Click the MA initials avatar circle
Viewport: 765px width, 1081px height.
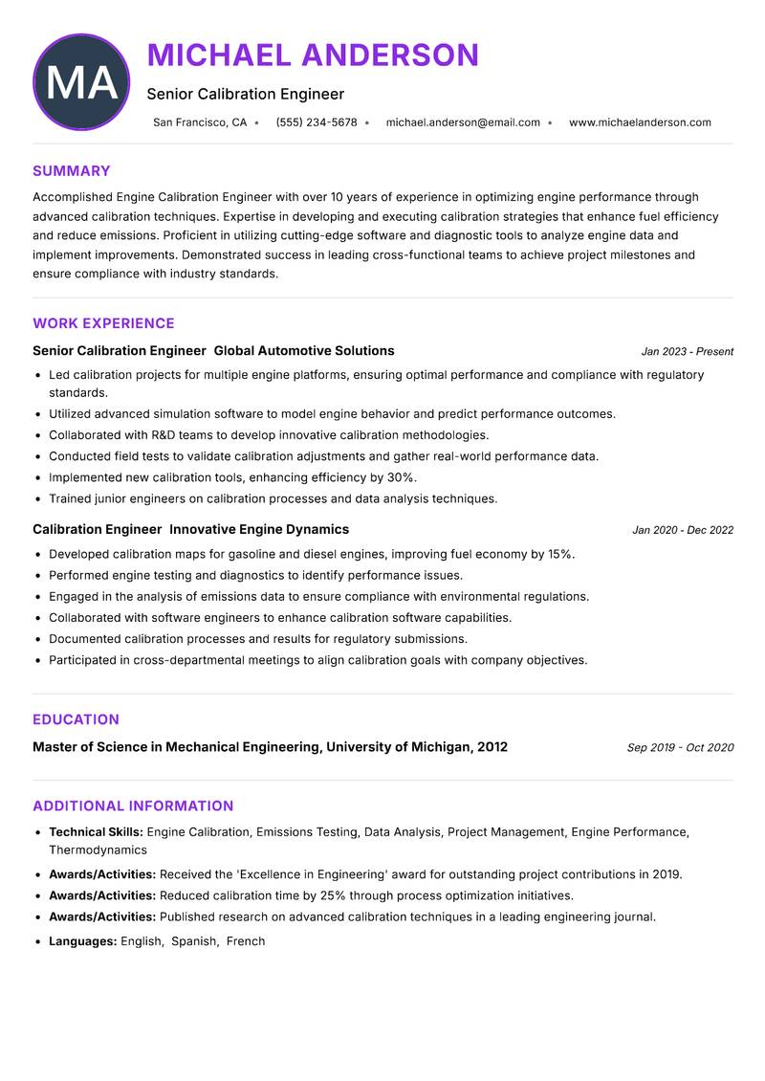tap(81, 82)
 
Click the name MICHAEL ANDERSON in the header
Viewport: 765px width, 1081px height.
tap(313, 55)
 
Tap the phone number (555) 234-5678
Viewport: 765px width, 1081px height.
tap(316, 122)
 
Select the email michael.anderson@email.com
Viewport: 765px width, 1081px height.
tap(463, 122)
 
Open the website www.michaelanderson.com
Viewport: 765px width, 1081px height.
tap(640, 122)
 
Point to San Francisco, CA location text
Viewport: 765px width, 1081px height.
tap(200, 122)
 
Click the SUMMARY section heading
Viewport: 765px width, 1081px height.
tap(72, 171)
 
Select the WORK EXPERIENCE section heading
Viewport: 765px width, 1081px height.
tap(103, 323)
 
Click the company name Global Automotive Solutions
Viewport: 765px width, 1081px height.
tap(304, 351)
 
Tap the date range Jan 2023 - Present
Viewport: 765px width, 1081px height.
tap(687, 352)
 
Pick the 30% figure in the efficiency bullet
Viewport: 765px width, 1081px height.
tap(401, 477)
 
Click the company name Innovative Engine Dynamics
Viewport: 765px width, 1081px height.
tap(259, 529)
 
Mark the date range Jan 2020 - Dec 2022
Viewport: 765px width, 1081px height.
tap(683, 530)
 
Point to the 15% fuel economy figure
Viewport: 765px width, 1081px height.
tap(560, 554)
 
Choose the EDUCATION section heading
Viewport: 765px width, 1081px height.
tap(76, 719)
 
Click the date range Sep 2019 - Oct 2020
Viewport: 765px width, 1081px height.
tap(680, 748)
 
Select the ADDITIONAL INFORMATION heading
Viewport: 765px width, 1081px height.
tap(133, 805)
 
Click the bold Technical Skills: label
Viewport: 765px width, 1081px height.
tap(96, 832)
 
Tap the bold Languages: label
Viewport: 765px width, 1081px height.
tap(83, 941)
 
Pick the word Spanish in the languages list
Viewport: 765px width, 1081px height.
tap(194, 941)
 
